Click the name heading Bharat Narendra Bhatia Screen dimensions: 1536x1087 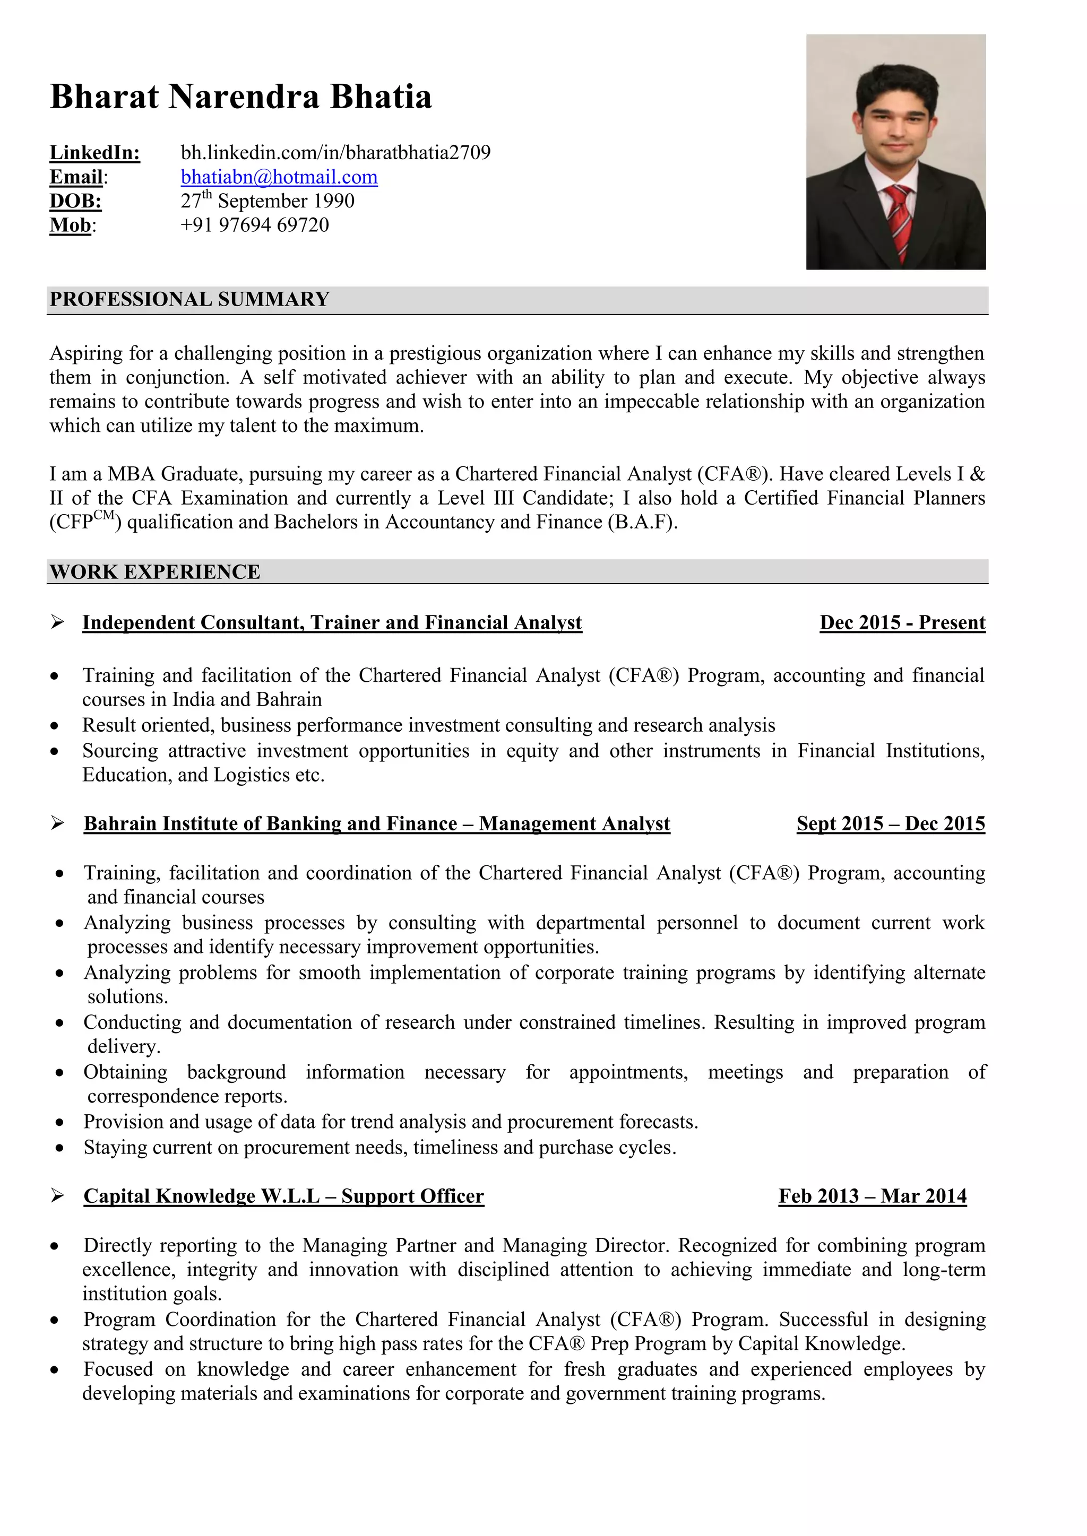pyautogui.click(x=241, y=97)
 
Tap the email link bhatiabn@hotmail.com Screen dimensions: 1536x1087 pyautogui.click(x=279, y=177)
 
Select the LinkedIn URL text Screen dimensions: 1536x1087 pyautogui.click(x=335, y=153)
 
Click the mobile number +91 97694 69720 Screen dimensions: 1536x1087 pyautogui.click(x=254, y=225)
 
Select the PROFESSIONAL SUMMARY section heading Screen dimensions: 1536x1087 pyautogui.click(x=189, y=299)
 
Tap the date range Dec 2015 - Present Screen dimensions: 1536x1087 pyautogui.click(x=902, y=623)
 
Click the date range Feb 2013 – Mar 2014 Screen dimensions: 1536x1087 pyautogui.click(x=872, y=1195)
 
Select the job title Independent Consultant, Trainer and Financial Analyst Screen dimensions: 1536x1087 pyautogui.click(x=332, y=623)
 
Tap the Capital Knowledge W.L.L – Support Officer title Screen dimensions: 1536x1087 pyautogui.click(x=284, y=1195)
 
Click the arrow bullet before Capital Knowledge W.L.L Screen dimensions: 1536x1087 pyautogui.click(x=57, y=1195)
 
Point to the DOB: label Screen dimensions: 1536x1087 pyautogui.click(x=76, y=202)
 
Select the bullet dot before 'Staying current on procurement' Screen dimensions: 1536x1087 pyautogui.click(x=60, y=1148)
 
